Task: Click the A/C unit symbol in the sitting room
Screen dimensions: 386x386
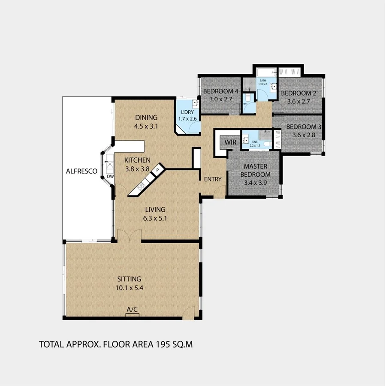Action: point(133,315)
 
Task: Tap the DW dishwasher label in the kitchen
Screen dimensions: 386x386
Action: point(110,176)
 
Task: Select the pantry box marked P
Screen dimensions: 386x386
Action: point(157,170)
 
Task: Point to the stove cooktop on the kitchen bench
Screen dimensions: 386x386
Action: point(141,187)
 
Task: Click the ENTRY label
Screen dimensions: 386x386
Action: point(212,179)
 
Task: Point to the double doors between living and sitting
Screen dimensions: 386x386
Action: point(129,235)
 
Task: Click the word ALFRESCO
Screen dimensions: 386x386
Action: point(81,171)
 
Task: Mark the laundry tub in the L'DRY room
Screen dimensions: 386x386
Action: point(195,103)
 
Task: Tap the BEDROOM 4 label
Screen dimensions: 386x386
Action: point(220,91)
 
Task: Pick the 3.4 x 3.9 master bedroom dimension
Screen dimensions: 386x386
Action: point(254,182)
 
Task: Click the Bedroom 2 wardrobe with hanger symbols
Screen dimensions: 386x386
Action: point(290,71)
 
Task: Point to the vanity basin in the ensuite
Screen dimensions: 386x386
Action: point(246,139)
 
